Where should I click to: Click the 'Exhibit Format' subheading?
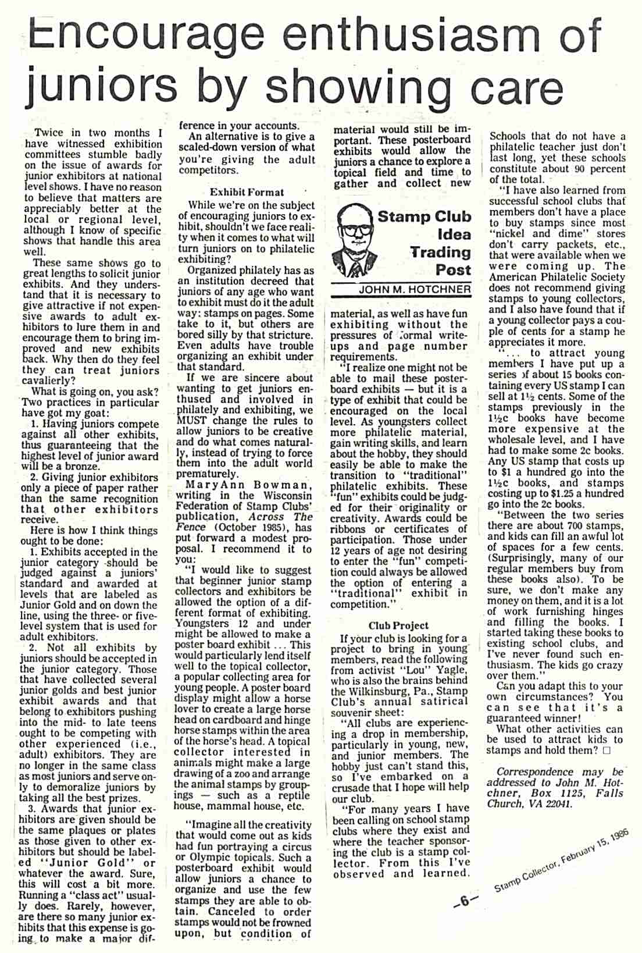pos(247,192)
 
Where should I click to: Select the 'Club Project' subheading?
pos(398,625)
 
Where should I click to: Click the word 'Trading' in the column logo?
pos(440,253)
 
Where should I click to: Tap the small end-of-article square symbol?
pos(607,751)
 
